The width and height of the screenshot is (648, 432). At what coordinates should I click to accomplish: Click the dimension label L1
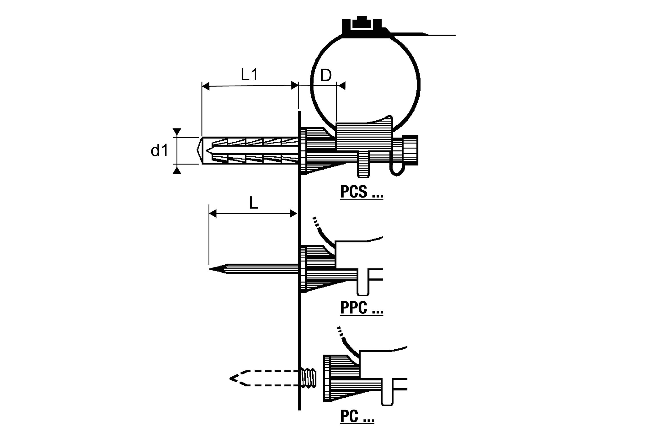250,75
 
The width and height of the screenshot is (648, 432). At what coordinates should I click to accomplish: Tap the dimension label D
326,76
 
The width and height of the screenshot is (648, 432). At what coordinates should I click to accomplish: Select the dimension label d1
159,151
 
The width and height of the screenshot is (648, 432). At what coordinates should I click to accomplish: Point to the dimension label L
253,204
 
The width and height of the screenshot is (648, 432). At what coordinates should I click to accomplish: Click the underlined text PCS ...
361,192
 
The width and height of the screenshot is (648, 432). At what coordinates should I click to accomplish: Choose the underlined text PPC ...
361,308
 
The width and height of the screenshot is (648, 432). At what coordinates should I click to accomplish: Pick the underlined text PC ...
357,416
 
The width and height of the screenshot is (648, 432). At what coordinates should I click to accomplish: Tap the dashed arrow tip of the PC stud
231,379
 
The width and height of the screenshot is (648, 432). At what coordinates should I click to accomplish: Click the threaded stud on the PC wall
308,378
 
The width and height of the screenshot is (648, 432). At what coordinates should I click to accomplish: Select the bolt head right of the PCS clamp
410,150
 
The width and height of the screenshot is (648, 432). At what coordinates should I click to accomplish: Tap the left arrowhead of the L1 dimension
205,86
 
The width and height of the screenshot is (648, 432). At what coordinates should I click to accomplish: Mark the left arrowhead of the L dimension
213,214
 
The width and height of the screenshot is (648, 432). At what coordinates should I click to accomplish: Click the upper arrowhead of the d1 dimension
177,132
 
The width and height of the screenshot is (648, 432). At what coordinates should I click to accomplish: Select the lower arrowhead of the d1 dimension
177,170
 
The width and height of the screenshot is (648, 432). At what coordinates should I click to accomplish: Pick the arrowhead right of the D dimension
342,86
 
